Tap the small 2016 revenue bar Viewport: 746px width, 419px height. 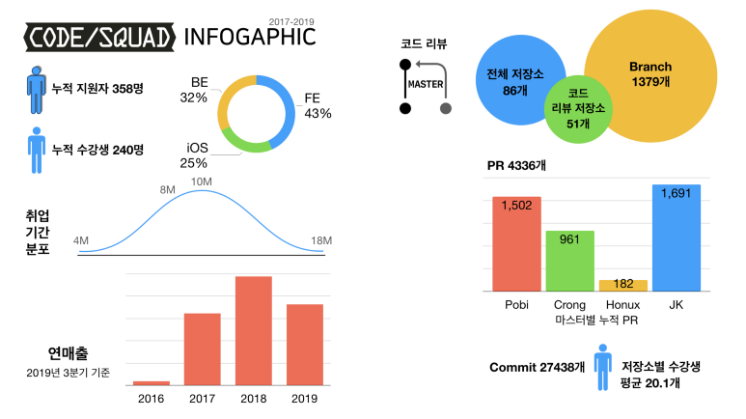[151, 383]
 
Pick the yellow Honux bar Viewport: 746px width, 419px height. [623, 285]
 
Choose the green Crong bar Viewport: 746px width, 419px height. [569, 261]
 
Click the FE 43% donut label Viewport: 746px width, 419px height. [317, 105]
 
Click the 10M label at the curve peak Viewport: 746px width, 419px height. [202, 182]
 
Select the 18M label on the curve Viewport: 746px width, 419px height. [320, 240]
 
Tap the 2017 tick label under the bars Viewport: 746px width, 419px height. [203, 399]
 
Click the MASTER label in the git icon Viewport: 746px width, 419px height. [426, 84]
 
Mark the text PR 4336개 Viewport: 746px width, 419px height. [519, 165]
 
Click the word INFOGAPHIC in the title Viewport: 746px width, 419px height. [249, 37]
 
